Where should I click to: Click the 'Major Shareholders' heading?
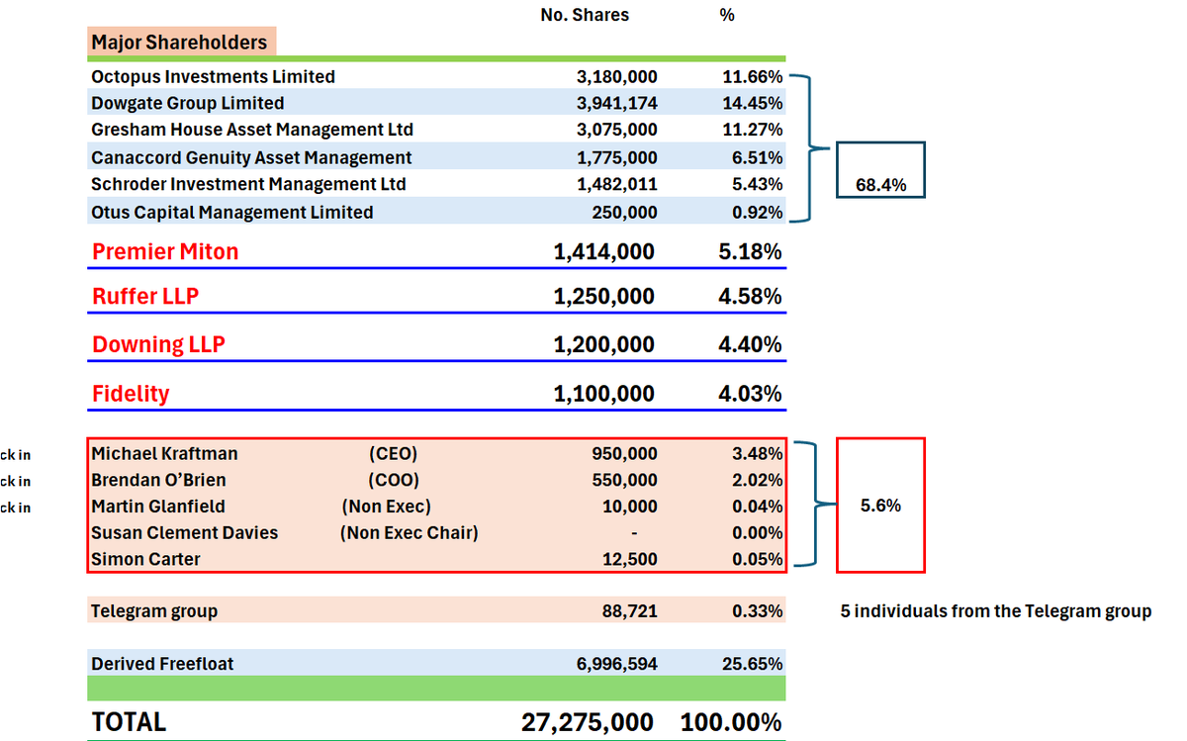(179, 43)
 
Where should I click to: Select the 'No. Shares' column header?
(585, 15)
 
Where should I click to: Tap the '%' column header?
(727, 15)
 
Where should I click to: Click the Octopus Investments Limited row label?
(213, 77)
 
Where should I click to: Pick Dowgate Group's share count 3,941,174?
(616, 104)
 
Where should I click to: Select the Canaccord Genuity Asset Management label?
(251, 157)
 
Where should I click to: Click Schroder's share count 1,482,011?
(616, 184)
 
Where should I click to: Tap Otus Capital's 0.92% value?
(757, 212)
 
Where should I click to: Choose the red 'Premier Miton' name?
(165, 252)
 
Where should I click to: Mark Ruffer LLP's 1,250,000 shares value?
(603, 297)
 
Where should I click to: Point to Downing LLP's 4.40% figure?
(750, 344)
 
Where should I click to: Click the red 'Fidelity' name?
(131, 394)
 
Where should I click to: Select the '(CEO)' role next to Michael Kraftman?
(393, 454)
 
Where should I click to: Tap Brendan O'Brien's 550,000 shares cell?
(624, 481)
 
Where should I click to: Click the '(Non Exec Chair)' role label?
(410, 533)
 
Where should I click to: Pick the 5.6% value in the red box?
(880, 506)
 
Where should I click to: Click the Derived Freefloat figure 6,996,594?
(616, 664)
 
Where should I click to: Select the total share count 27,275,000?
(588, 722)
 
